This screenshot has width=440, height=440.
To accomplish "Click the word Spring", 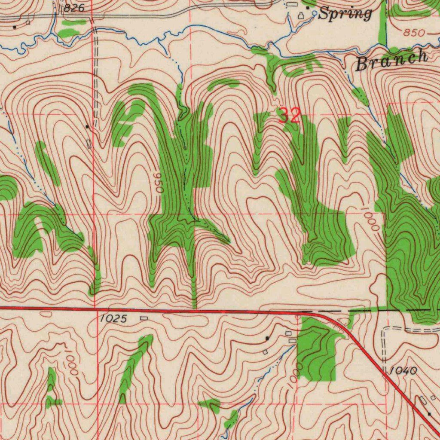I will pyautogui.click(x=346, y=14).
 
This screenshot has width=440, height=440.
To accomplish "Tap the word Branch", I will pyautogui.click(x=392, y=61).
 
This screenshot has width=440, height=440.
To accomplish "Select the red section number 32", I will pyautogui.click(x=289, y=116).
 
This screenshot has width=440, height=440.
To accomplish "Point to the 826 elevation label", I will pyautogui.click(x=74, y=8).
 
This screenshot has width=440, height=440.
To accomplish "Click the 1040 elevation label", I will pyautogui.click(x=404, y=370).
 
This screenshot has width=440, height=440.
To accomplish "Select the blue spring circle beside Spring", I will pyautogui.click(x=315, y=14).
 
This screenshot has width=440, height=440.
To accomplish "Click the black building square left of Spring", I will pyautogui.click(x=308, y=8).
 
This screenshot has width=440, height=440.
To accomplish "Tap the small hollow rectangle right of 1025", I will pyautogui.click(x=144, y=318).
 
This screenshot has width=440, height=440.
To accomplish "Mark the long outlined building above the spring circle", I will pyautogui.click(x=292, y=4).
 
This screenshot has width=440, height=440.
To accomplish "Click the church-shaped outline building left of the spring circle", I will pyautogui.click(x=301, y=15).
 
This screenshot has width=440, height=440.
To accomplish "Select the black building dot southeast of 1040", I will pyautogui.click(x=429, y=414).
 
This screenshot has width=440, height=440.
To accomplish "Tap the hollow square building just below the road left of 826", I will pyautogui.click(x=28, y=22).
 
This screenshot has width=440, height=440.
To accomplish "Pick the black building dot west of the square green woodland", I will pyautogui.click(x=267, y=338).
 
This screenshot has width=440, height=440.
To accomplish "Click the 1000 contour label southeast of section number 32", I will pyautogui.click(x=370, y=219).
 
